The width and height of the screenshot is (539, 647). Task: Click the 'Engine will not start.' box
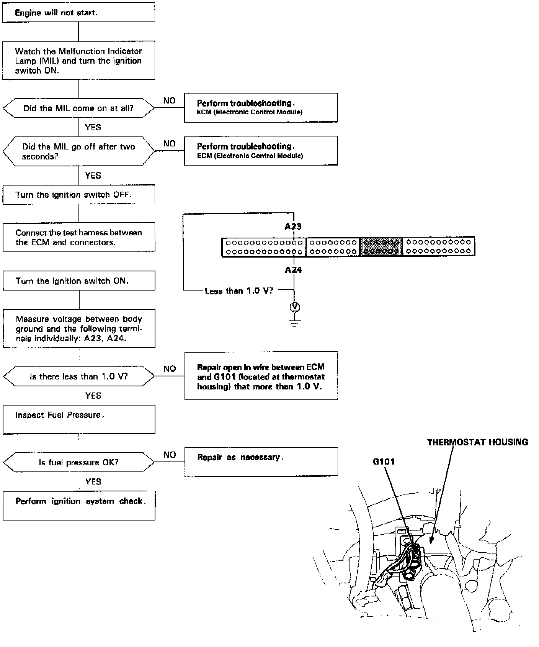78,13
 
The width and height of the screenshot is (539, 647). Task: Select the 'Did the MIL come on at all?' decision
78,108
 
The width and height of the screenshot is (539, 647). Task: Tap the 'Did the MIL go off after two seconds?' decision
78,151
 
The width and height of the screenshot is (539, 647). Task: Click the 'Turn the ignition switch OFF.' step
78,195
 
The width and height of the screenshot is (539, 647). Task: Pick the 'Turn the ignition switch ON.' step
79,281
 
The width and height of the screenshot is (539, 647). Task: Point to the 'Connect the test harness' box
79,238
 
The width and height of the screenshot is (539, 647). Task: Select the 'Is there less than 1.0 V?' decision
79,376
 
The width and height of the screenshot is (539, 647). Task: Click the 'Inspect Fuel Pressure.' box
79,420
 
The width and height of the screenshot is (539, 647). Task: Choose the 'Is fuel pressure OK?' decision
79,463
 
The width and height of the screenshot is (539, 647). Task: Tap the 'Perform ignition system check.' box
79,506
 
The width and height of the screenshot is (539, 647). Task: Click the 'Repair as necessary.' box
261,461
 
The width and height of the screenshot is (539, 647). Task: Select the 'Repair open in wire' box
261,376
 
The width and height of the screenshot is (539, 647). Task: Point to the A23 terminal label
293,227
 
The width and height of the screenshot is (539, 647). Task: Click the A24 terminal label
293,270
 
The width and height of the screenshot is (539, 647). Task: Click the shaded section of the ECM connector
381,247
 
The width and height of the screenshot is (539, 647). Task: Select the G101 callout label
384,461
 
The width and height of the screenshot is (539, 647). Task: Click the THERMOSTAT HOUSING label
477,442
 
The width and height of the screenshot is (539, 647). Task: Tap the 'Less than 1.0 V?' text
239,291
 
